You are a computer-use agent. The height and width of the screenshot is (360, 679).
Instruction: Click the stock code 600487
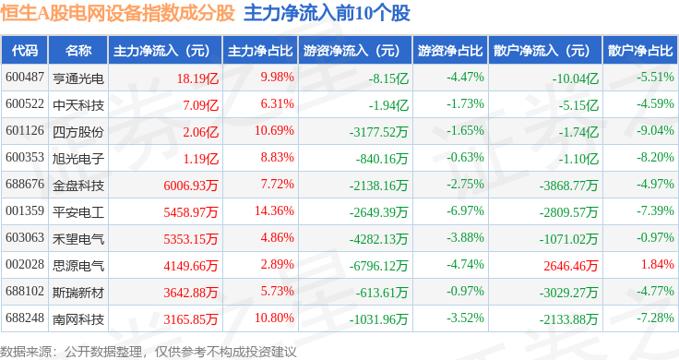point(25,78)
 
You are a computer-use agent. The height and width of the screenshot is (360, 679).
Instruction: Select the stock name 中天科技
point(78,105)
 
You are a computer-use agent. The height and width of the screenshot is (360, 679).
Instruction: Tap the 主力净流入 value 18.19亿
point(197,78)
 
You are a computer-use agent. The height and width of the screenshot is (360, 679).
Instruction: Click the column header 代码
point(25,51)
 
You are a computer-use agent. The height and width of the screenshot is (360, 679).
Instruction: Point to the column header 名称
point(78,51)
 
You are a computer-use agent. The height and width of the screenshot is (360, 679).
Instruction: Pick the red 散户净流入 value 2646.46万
point(571,266)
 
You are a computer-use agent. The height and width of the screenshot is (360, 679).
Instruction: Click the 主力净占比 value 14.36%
point(274,211)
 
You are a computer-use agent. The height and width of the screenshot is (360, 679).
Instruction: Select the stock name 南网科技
point(78,319)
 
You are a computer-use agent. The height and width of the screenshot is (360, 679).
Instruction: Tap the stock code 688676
point(25,184)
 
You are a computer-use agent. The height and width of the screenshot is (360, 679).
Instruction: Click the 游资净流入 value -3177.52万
point(378,132)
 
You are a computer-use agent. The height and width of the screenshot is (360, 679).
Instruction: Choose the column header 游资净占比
point(450,51)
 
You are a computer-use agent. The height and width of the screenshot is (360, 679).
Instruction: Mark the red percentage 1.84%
point(658,264)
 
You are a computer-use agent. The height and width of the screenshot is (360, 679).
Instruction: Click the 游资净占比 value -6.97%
point(465,211)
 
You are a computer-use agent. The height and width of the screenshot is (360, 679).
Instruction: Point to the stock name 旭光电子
point(78,159)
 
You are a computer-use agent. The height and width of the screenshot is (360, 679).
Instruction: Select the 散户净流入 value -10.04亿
point(575,78)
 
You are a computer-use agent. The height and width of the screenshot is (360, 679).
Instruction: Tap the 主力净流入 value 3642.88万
point(191,293)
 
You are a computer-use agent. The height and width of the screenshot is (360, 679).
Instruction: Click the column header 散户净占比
point(640,51)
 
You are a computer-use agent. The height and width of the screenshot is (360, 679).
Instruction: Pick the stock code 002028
point(25,264)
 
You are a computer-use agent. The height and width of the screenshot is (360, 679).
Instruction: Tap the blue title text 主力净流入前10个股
point(327,13)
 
